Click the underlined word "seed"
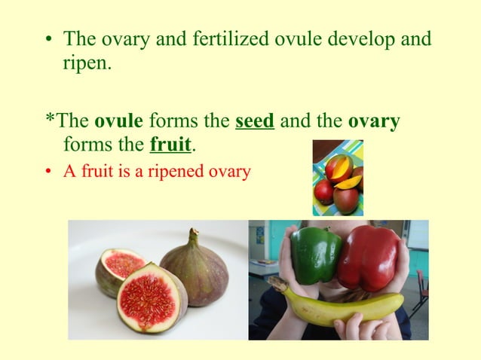254,121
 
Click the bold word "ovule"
119,121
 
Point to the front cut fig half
151,298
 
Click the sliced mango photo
338,178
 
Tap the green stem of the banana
277,284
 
